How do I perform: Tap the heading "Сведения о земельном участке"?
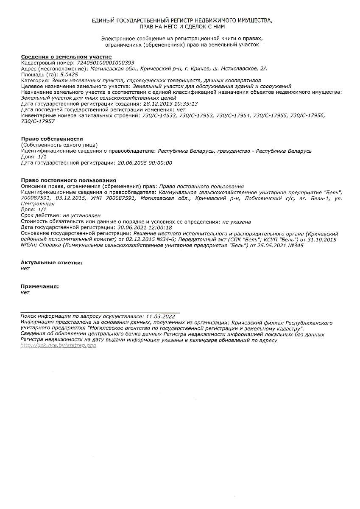click(66, 57)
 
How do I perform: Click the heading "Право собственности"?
click(52, 139)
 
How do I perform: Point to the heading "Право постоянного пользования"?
click(68, 181)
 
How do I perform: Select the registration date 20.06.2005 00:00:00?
click(145, 163)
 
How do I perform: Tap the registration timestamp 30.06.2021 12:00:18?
click(145, 227)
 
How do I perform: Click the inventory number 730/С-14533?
click(159, 115)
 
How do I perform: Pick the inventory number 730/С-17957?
click(38, 121)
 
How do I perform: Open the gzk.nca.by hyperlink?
click(59, 346)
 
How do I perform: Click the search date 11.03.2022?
click(160, 316)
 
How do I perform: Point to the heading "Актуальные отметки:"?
click(52, 263)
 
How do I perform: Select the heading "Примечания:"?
click(40, 286)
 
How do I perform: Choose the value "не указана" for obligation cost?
click(237, 221)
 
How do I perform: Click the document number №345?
click(295, 246)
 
